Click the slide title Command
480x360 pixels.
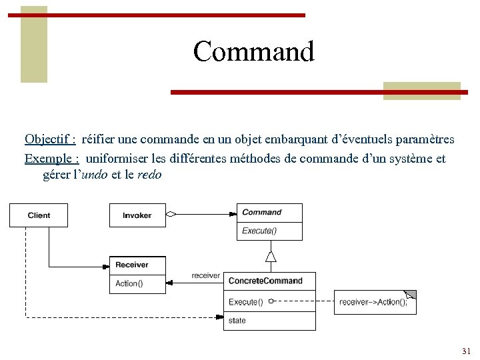pyautogui.click(x=253, y=51)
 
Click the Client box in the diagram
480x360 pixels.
pyautogui.click(x=39, y=215)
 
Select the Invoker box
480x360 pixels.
pyautogui.click(x=137, y=215)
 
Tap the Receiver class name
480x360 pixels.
pyautogui.click(x=132, y=265)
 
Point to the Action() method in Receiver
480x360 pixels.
pyautogui.click(x=129, y=283)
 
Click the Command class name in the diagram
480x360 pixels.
pyautogui.click(x=262, y=213)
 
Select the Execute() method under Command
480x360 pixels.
pyautogui.click(x=259, y=231)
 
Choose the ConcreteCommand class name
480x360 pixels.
pyautogui.click(x=265, y=281)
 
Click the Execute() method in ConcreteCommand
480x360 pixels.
pyautogui.click(x=246, y=302)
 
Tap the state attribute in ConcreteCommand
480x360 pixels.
pyautogui.click(x=237, y=321)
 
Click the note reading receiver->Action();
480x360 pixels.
pyautogui.click(x=374, y=302)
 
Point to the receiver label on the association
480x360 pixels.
pyautogui.click(x=205, y=275)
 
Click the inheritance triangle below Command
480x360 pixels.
pyautogui.click(x=270, y=256)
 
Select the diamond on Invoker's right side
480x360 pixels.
pyautogui.click(x=171, y=215)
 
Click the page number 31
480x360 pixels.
pyautogui.click(x=466, y=351)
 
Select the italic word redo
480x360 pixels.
pyautogui.click(x=149, y=175)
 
